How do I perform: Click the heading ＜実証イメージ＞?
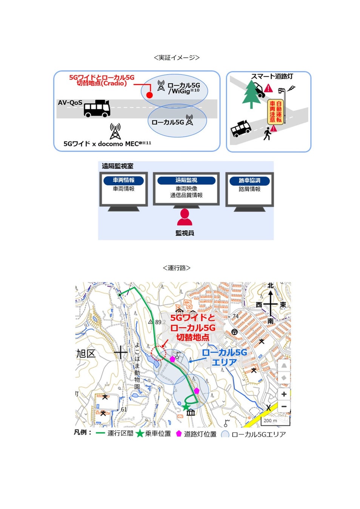[177, 58]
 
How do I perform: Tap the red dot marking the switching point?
[149, 95]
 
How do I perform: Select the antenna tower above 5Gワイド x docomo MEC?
[115, 131]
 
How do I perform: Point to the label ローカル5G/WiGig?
[183, 88]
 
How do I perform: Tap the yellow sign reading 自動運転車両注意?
[275, 112]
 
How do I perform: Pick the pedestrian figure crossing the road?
[267, 133]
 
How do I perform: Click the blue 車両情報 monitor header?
[123, 181]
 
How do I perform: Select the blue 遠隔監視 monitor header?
[186, 181]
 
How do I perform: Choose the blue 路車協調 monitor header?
[249, 181]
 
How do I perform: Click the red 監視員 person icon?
[185, 218]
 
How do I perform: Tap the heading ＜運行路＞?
[177, 268]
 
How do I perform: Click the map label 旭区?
[86, 354]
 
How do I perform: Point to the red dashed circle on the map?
[158, 354]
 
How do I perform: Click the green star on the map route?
[186, 407]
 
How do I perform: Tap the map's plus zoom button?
[284, 394]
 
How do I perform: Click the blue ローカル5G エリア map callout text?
[224, 357]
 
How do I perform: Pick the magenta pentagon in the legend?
[179, 434]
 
